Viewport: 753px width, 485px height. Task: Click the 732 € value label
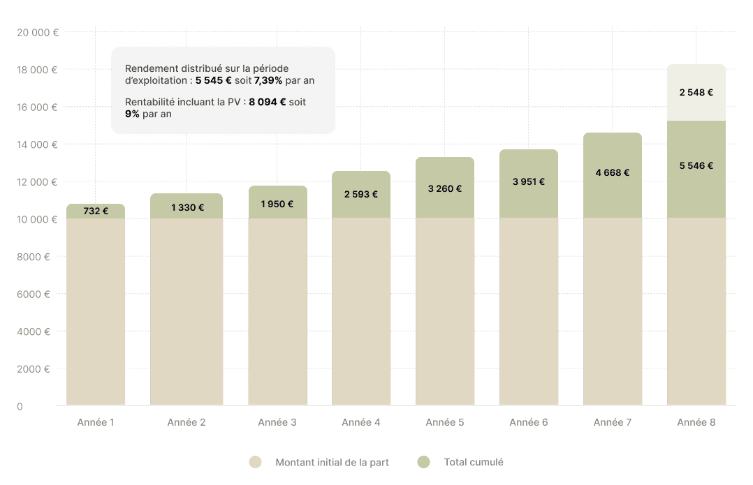96,211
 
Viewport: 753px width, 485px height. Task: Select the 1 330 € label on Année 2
187,207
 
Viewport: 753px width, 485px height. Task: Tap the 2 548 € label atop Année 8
696,92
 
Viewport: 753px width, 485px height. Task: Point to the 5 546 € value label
696,166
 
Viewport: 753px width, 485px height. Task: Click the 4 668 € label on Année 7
613,172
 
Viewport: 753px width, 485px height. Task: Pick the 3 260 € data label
444,188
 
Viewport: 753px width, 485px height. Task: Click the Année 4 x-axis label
361,423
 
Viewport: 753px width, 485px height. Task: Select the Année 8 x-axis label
696,423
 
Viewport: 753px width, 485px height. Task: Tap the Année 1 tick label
96,423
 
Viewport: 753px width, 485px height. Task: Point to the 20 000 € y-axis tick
37,32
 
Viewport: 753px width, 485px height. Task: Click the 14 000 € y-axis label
37,144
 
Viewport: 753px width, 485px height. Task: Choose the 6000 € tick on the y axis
34,294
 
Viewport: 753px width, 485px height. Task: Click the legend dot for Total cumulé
423,462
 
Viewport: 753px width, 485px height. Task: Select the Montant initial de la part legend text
332,462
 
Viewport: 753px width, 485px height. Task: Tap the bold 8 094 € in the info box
267,102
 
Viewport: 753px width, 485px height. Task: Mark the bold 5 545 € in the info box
214,80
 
